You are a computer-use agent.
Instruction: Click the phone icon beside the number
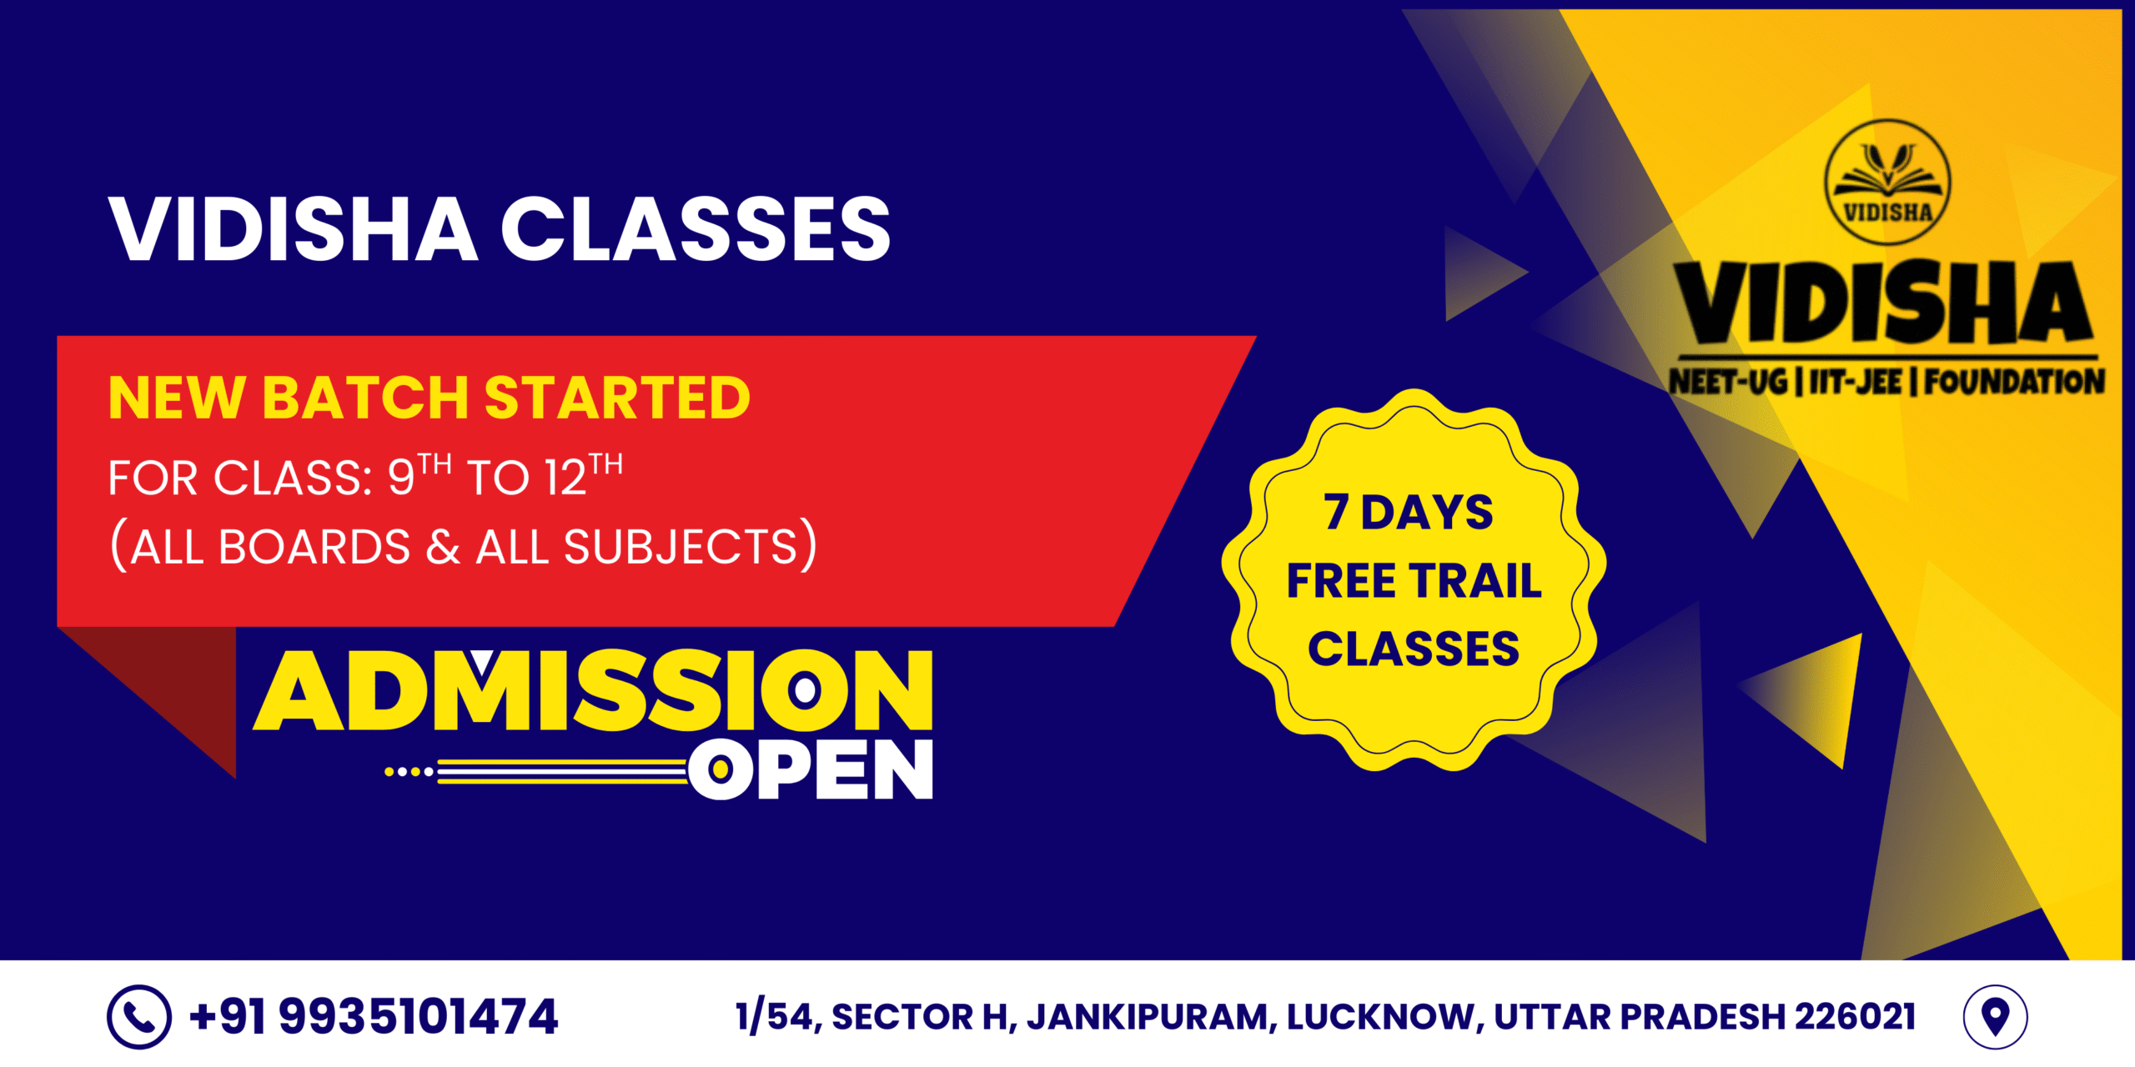coord(139,1016)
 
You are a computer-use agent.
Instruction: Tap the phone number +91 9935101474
coord(373,1017)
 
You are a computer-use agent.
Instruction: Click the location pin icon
coord(1995,1017)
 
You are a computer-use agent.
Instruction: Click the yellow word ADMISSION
coord(593,690)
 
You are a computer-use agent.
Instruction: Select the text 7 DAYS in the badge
coord(1408,512)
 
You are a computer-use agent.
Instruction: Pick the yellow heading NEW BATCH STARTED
coord(430,398)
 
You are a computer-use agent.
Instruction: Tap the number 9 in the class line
coord(401,478)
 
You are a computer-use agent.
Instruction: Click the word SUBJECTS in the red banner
coord(681,548)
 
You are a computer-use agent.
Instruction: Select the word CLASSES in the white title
coord(696,229)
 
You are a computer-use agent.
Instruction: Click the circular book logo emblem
coord(1887,183)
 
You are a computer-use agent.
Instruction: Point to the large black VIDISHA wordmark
coord(1887,303)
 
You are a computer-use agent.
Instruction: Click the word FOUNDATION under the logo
coord(2015,383)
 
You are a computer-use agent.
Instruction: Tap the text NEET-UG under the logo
coord(1729,383)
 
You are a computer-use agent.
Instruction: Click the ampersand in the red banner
coord(443,548)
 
